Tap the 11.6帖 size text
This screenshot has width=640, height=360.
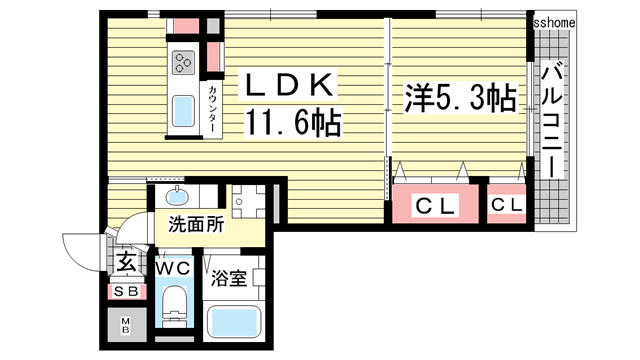tap(294, 124)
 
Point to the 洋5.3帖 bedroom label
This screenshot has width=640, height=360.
tap(459, 98)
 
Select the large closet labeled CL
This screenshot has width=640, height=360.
tap(436, 206)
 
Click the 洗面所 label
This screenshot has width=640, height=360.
tap(195, 225)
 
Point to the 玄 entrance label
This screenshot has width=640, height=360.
tap(125, 262)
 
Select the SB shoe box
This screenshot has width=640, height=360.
tap(126, 291)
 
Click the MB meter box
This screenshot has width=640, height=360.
tap(126, 325)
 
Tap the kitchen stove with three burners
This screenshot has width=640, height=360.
tap(186, 64)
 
